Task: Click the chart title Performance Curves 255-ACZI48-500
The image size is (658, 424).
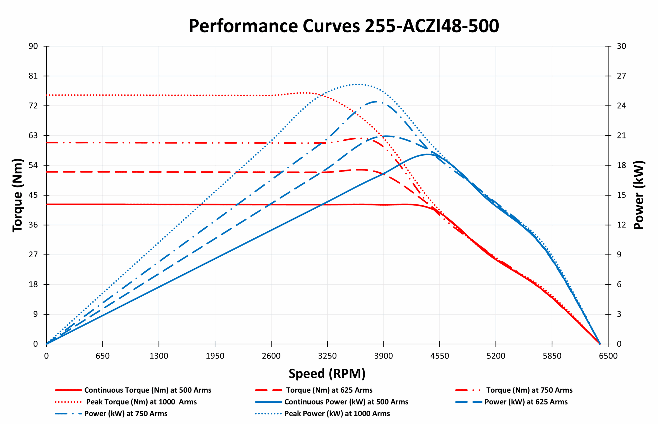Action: [344, 26]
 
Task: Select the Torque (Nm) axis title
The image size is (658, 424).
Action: [17, 195]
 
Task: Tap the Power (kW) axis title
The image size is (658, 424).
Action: [639, 195]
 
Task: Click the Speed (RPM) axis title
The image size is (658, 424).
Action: [327, 374]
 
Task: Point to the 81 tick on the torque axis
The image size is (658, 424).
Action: [33, 76]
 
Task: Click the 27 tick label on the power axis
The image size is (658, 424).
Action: [621, 76]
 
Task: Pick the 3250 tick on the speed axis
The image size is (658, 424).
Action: [327, 356]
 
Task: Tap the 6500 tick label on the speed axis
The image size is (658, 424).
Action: [608, 356]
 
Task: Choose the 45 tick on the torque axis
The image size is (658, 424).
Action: [33, 195]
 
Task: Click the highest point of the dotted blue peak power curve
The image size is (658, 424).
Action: [357, 84]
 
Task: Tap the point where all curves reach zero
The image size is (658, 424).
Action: [600, 344]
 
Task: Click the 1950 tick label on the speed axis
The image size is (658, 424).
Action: [215, 356]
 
